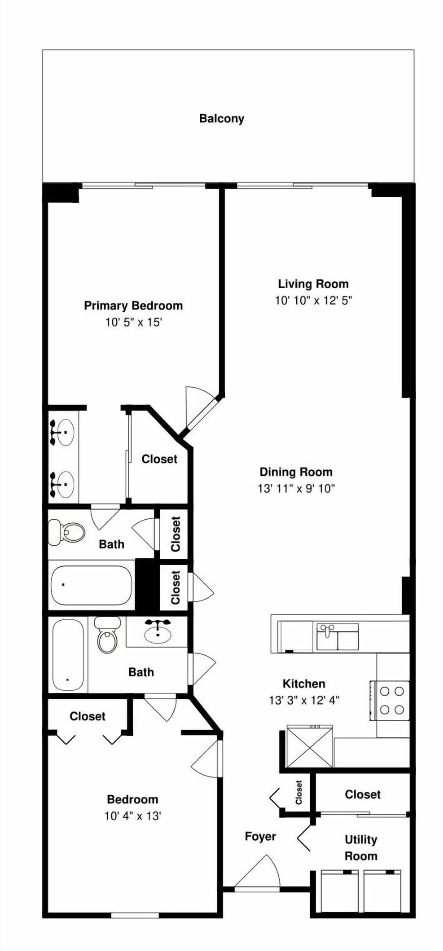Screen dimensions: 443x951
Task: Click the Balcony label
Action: point(221,119)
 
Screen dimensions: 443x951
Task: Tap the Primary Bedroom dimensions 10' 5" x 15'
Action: point(133,322)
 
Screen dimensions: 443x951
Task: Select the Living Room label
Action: point(313,284)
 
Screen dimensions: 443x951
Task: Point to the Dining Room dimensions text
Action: point(296,488)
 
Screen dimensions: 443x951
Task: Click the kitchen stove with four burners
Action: point(389,700)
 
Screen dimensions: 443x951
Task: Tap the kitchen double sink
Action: point(337,637)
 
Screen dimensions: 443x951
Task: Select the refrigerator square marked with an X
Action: point(310,746)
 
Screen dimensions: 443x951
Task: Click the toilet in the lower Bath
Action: point(107,635)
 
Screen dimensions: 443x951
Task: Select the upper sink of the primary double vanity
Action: point(62,432)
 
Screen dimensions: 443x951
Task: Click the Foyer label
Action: point(260,836)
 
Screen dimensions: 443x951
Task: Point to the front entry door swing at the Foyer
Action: point(257,872)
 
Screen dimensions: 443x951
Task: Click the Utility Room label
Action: point(361,848)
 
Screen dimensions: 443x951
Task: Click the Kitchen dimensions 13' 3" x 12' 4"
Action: point(304,700)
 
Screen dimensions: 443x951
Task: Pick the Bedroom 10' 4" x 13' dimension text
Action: point(132,816)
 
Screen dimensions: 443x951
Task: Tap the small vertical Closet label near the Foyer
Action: point(299,792)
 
